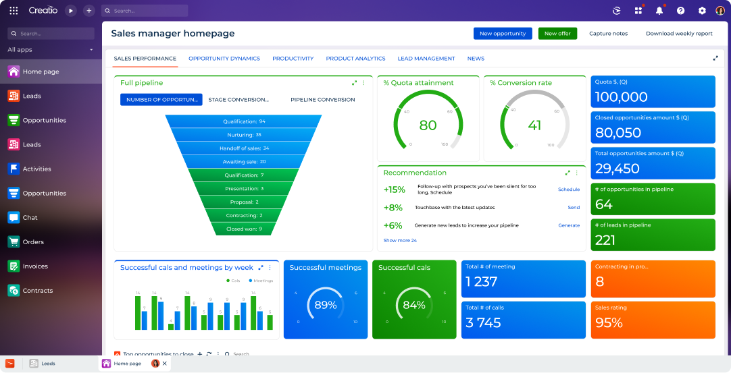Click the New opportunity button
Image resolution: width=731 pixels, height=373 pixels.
pyautogui.click(x=503, y=34)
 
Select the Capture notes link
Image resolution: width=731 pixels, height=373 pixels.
pyautogui.click(x=608, y=34)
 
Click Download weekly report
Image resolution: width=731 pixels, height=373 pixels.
pyautogui.click(x=679, y=34)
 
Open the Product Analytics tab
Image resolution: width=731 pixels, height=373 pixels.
pyautogui.click(x=355, y=59)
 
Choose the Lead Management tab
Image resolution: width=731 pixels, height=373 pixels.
pyautogui.click(x=426, y=59)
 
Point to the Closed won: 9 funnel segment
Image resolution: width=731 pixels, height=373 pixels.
pyautogui.click(x=244, y=229)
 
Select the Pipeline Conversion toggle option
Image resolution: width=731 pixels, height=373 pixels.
pyautogui.click(x=322, y=100)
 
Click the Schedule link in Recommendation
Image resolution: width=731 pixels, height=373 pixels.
pyautogui.click(x=569, y=190)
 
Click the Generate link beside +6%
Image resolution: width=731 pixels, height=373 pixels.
pyautogui.click(x=569, y=225)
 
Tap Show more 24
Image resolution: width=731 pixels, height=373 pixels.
pyautogui.click(x=400, y=241)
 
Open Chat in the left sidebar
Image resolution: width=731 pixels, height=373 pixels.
pyautogui.click(x=30, y=218)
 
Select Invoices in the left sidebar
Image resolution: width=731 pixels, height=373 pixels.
pyautogui.click(x=34, y=266)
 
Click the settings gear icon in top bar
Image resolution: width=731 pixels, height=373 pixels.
pyautogui.click(x=702, y=11)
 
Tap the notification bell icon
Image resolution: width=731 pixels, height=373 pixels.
pyautogui.click(x=659, y=11)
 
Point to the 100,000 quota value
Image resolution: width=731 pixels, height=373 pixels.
pyautogui.click(x=621, y=97)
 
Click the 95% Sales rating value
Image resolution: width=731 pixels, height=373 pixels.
pyautogui.click(x=609, y=323)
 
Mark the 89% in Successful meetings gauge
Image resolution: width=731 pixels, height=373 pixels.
pyautogui.click(x=326, y=305)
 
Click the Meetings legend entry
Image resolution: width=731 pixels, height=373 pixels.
pyautogui.click(x=263, y=281)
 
